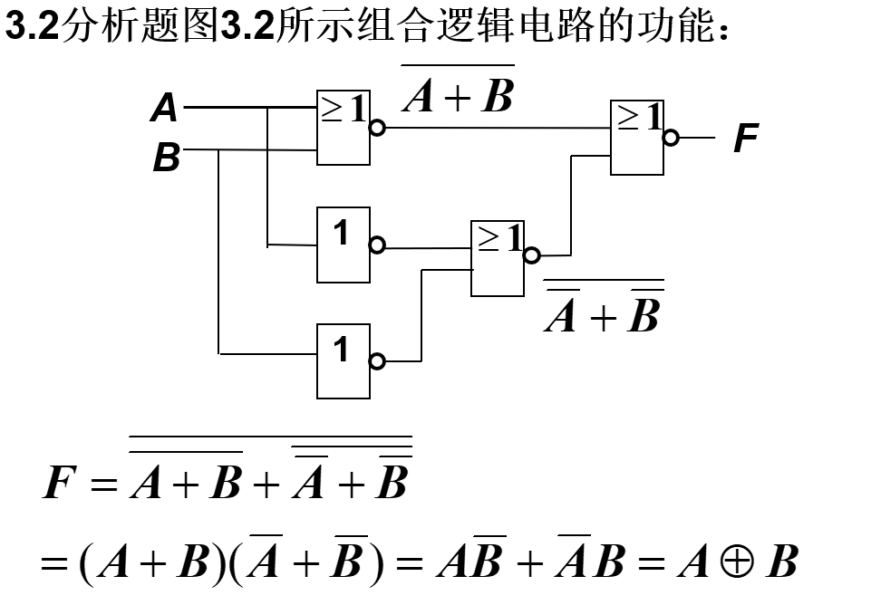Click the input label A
pyautogui.click(x=164, y=109)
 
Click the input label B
pyautogui.click(x=166, y=158)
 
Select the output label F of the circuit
pyautogui.click(x=744, y=139)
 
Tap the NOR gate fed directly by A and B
pyautogui.click(x=344, y=128)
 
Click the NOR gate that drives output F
pyautogui.click(x=637, y=138)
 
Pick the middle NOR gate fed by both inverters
pyautogui.click(x=498, y=258)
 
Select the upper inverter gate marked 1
pyautogui.click(x=344, y=245)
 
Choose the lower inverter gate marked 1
pyautogui.click(x=344, y=360)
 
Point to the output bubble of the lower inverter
pyautogui.click(x=378, y=361)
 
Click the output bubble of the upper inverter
pyautogui.click(x=378, y=245)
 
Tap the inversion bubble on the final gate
pyautogui.click(x=671, y=138)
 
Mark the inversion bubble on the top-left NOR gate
pyautogui.click(x=378, y=128)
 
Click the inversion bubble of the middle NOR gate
pyautogui.click(x=532, y=255)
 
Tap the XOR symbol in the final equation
pyautogui.click(x=728, y=562)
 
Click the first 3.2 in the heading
pyautogui.click(x=32, y=27)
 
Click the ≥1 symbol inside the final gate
pyautogui.click(x=639, y=116)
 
